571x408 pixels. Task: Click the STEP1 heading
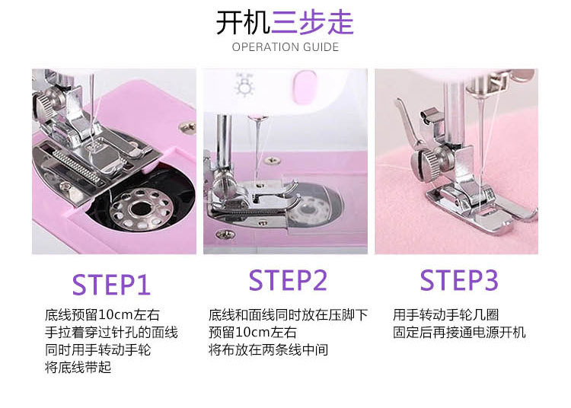pos(111,284)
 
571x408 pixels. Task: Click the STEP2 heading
pos(288,280)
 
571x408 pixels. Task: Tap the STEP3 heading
pos(459,280)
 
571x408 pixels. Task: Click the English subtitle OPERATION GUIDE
pos(285,47)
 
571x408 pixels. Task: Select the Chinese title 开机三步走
pos(285,23)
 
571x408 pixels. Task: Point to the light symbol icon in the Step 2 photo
pos(244,84)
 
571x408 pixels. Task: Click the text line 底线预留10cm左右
pos(102,315)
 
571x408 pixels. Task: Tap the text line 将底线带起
pos(78,367)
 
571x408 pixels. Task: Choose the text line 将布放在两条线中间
pos(269,349)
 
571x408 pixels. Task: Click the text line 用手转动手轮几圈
pos(445,315)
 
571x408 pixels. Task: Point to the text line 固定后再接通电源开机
pos(459,333)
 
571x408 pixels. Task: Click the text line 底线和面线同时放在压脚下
pos(288,315)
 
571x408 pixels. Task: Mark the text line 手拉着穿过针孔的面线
pos(111,333)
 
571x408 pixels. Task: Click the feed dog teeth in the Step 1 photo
pos(76,165)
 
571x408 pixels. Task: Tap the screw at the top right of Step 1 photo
pos(187,126)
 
